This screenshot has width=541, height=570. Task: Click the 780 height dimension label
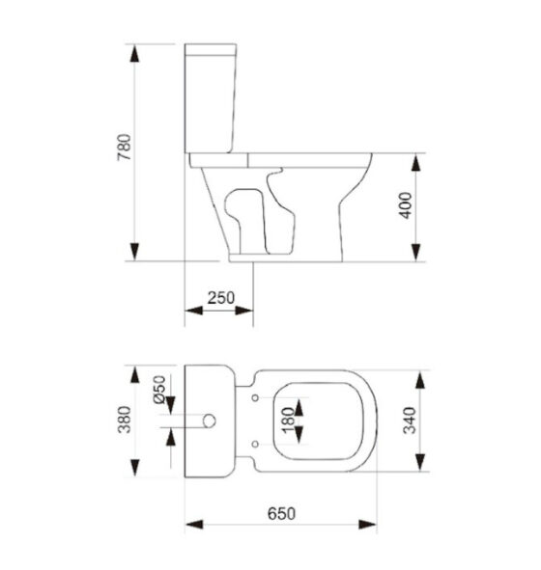tap(124, 148)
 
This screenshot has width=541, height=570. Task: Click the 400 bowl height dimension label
tap(406, 205)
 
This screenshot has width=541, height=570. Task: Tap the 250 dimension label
tap(221, 298)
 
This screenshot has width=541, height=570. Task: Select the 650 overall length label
tap(281, 514)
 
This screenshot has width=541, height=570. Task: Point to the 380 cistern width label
tap(125, 420)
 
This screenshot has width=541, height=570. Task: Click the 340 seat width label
tap(410, 421)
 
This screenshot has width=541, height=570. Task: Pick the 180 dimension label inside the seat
tap(288, 421)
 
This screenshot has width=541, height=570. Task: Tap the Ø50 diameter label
tap(159, 390)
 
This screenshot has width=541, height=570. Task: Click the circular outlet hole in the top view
tap(209, 421)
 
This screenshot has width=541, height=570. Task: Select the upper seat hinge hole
tap(255, 398)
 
